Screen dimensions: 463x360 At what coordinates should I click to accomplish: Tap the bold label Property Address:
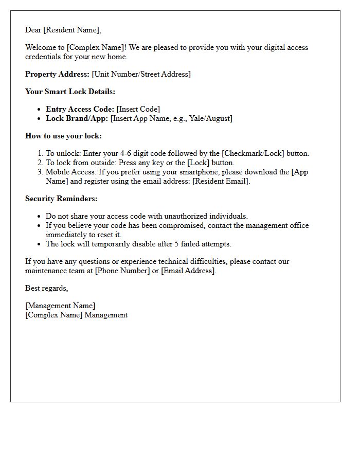point(57,74)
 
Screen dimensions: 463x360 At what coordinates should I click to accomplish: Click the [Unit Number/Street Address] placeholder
point(141,74)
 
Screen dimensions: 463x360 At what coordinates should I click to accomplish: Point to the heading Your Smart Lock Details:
point(70,92)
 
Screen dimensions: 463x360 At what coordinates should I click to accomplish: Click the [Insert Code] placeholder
point(138,109)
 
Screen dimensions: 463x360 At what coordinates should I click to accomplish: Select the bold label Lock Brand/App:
point(77,118)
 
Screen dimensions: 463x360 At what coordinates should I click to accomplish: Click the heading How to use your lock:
point(63,136)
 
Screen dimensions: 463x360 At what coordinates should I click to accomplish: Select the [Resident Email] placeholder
point(221,181)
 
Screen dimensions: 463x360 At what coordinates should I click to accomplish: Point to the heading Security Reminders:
point(61,199)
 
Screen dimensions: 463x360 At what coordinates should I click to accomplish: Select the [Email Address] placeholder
point(188,271)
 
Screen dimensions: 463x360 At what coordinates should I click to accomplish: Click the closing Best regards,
point(46,288)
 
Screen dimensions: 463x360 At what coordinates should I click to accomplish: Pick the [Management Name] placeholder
point(60,306)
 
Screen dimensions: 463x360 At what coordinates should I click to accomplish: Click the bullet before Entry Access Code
point(40,109)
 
